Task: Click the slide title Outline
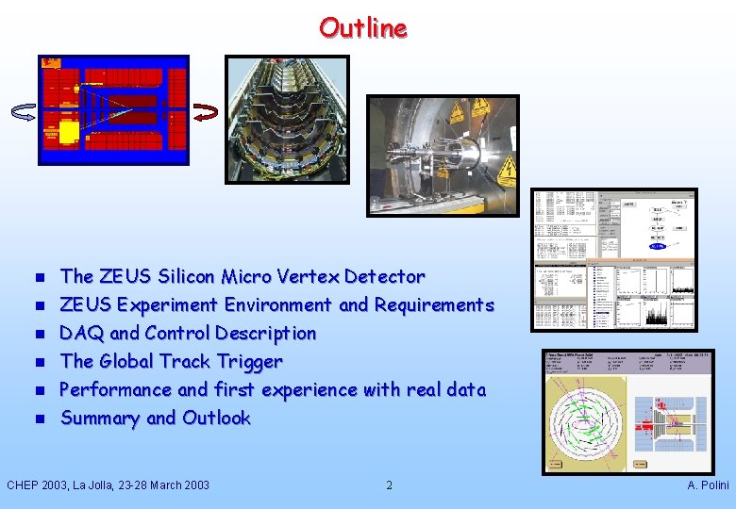coord(363,28)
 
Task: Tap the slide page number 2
coord(389,485)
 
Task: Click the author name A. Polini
coord(708,485)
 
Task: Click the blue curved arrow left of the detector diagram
coord(23,112)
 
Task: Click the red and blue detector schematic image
coord(113,109)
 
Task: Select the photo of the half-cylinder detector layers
coord(286,119)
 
